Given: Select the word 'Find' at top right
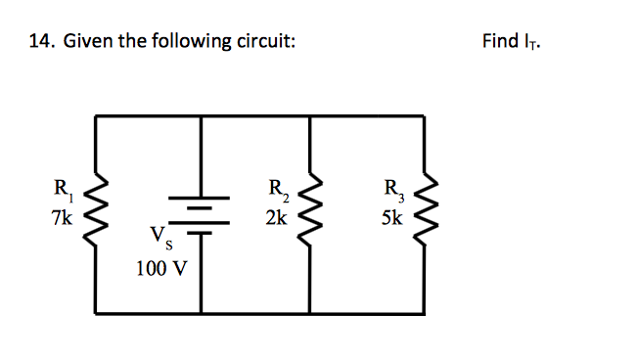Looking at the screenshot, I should (500, 41).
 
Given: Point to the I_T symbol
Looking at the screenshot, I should (530, 42).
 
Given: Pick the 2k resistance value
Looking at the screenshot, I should (276, 217).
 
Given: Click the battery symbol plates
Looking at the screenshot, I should (202, 216).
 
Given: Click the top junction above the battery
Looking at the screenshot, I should (202, 116).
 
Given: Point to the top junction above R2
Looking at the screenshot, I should (310, 116).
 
